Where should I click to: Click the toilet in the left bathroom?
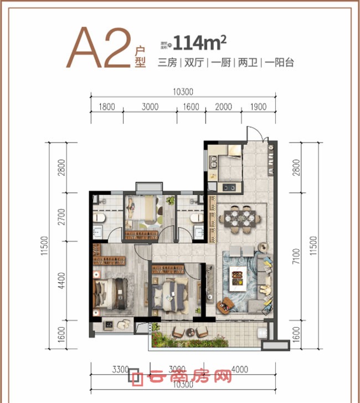coord(99,219)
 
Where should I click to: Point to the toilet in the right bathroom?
coord(195,219)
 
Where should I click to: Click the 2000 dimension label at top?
coord(223,107)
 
